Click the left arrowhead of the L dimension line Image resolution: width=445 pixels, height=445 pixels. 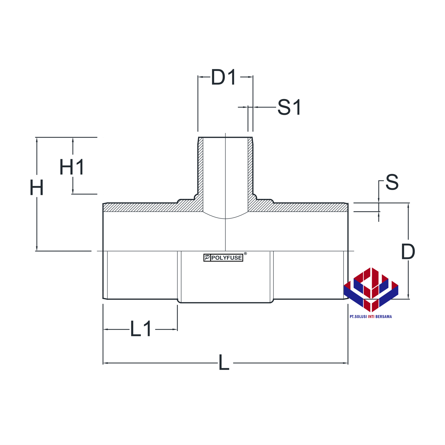point(105,363)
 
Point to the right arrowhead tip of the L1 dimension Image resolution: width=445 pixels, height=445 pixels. point(177,329)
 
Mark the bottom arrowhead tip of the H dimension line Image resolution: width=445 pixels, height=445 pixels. point(37,251)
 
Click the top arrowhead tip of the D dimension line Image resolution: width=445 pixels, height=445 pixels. point(408,203)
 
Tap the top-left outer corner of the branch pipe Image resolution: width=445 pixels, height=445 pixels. point(199,137)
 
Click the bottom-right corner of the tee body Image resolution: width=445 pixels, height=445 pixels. point(348,298)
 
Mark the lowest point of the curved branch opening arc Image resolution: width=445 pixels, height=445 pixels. point(225,219)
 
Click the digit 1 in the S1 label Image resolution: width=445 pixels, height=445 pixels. point(297,107)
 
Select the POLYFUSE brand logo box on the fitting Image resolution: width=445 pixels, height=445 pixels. point(223,258)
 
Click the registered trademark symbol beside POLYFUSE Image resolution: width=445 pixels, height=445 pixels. point(245,253)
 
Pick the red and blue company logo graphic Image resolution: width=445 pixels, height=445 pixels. point(371,290)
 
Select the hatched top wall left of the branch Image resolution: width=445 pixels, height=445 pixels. point(153,207)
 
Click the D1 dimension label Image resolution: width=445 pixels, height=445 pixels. point(224,77)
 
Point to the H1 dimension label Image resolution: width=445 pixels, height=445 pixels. point(72,167)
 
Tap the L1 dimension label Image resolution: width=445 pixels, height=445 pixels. point(141,329)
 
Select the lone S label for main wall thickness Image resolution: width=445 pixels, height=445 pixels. point(392,182)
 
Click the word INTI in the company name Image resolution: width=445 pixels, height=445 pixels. point(371,317)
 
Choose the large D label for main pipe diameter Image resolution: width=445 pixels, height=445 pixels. point(408,252)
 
